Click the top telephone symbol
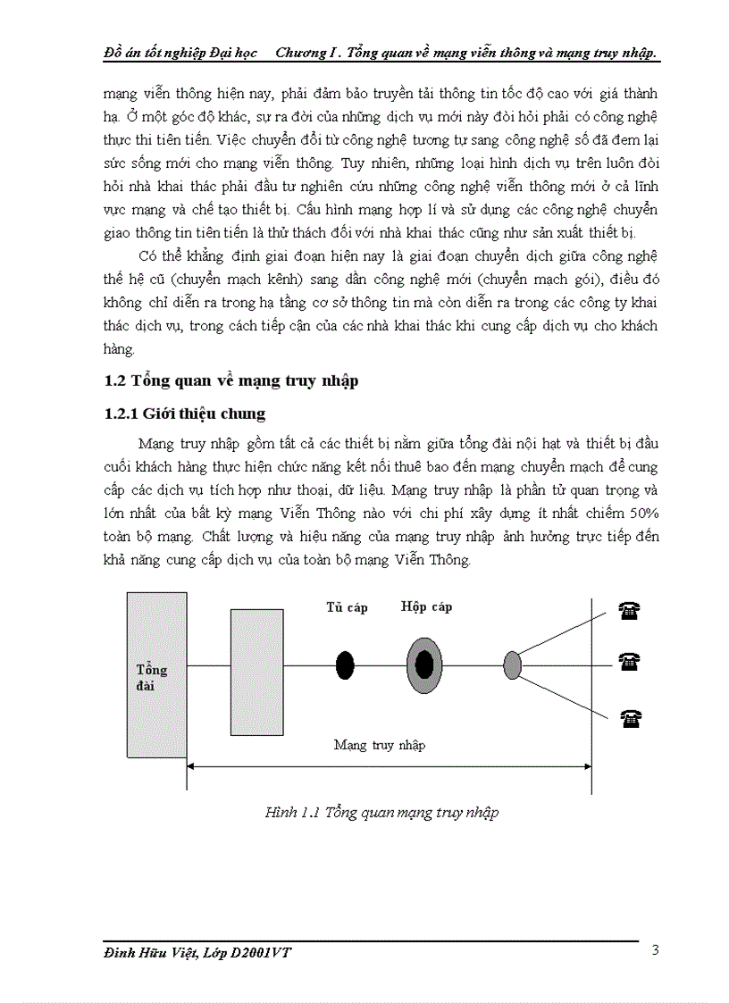coord(630,610)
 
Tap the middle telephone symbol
coord(630,662)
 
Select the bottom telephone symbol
coord(630,716)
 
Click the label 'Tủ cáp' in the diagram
coord(347,607)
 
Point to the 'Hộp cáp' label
coord(426,606)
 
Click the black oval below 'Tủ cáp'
coord(345,664)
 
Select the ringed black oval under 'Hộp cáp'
coord(424,664)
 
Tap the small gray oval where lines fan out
coord(512,664)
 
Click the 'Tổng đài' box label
coord(152,677)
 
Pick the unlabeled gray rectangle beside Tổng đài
coord(256,672)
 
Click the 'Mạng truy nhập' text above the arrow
coord(380,744)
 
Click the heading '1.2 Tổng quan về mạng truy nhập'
coord(231,380)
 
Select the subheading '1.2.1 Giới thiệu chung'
coord(185,414)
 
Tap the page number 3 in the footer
coord(655,949)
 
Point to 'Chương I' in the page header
coord(305,53)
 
